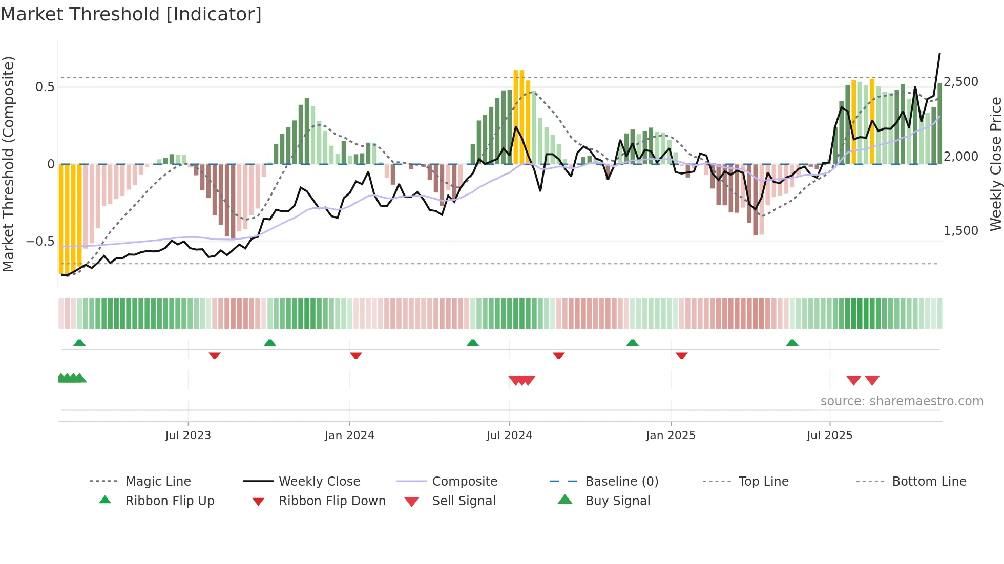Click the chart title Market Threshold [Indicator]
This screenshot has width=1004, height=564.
[131, 14]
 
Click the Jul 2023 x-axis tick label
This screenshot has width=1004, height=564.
[187, 436]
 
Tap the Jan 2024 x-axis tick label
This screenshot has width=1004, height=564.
[349, 436]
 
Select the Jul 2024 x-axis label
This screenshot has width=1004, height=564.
[509, 436]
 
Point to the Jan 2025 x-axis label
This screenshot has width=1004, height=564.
[671, 436]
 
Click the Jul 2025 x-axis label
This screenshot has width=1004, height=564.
[829, 436]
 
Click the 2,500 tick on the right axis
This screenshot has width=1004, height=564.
[961, 82]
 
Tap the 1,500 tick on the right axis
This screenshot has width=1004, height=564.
[961, 231]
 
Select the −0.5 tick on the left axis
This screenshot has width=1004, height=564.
[40, 241]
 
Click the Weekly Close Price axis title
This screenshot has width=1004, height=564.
[995, 164]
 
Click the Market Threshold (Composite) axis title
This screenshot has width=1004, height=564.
[8, 164]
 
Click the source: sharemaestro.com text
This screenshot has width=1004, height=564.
[902, 401]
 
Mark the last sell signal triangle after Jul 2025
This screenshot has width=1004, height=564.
[872, 380]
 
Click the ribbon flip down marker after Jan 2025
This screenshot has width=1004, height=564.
[681, 355]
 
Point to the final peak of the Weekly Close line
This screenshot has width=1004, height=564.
[939, 54]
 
